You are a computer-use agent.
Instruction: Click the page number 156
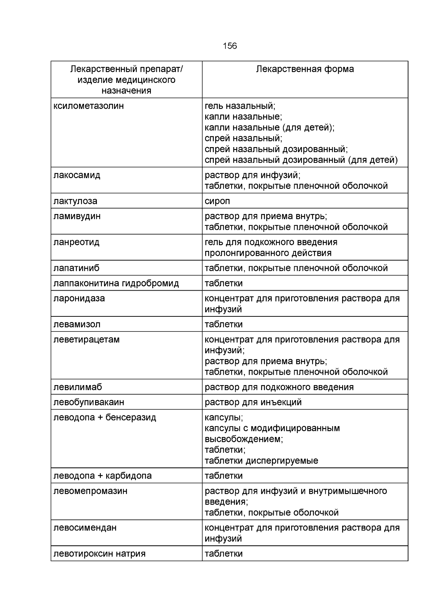(x=230, y=46)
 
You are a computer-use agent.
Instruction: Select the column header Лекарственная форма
(x=305, y=69)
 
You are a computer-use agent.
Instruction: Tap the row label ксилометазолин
(x=89, y=106)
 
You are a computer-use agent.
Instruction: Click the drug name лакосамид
(x=77, y=175)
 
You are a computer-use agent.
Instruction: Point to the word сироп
(x=217, y=201)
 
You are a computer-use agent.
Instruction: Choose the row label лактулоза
(x=75, y=201)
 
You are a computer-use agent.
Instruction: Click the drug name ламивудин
(x=77, y=216)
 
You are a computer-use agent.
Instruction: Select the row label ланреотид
(x=77, y=242)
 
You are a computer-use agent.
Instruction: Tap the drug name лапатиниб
(x=77, y=268)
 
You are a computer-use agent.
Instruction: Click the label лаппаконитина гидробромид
(x=116, y=283)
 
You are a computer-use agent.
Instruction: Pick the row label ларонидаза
(x=79, y=298)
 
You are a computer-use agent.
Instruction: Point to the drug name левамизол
(x=77, y=325)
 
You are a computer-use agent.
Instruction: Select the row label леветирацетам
(x=87, y=340)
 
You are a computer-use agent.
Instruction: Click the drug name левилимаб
(x=78, y=387)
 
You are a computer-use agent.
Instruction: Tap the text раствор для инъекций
(x=253, y=402)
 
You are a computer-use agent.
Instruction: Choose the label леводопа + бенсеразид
(x=105, y=418)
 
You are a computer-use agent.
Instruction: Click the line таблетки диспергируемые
(x=261, y=461)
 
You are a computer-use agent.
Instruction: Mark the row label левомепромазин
(x=90, y=491)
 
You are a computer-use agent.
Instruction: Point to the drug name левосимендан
(x=85, y=528)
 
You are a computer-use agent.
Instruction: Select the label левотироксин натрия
(x=99, y=554)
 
